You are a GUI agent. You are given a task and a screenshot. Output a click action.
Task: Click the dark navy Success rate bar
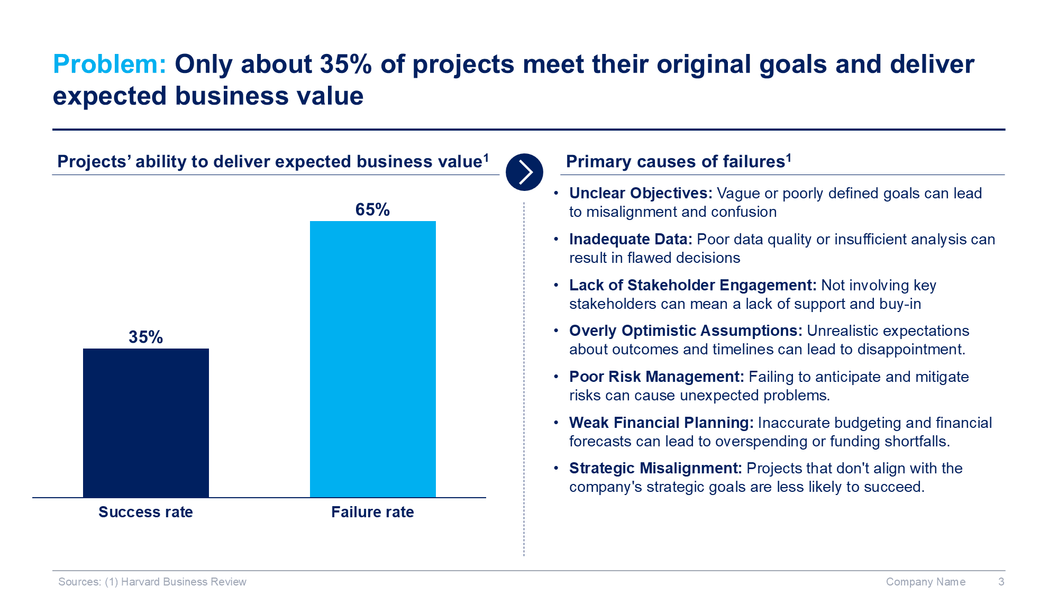pos(146,423)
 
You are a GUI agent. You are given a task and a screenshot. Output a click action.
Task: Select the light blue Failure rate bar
pos(373,359)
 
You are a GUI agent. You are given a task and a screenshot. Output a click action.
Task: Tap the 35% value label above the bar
pos(146,337)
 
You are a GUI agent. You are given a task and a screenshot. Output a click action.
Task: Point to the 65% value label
pos(372,209)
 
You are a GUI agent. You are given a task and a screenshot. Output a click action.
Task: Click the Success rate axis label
pos(145,512)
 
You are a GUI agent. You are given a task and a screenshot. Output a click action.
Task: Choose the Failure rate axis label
pos(372,512)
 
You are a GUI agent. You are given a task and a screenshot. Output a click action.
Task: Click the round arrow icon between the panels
pos(524,172)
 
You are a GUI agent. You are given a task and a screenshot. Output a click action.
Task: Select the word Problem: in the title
pos(110,64)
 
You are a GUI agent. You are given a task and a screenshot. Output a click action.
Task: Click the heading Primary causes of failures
pos(679,161)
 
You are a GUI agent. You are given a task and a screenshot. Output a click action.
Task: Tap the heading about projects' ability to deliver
pos(273,161)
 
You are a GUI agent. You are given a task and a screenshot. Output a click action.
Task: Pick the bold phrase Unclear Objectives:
pos(641,193)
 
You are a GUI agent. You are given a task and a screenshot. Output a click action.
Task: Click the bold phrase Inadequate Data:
pos(631,239)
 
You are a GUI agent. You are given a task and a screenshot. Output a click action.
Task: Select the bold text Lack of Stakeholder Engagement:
pos(693,285)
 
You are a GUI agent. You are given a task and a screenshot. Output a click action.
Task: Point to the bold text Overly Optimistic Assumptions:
pos(686,331)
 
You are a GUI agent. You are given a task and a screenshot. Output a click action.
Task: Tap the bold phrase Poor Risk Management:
pos(656,377)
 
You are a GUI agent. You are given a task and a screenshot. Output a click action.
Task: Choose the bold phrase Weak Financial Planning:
pos(661,423)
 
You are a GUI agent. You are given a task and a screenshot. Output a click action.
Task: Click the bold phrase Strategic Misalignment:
pos(656,468)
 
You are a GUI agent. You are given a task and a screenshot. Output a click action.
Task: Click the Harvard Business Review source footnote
pos(152,582)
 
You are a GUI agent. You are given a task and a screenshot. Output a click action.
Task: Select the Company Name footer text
pos(926,582)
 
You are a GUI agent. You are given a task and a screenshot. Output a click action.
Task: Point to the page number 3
pos(1001,582)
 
